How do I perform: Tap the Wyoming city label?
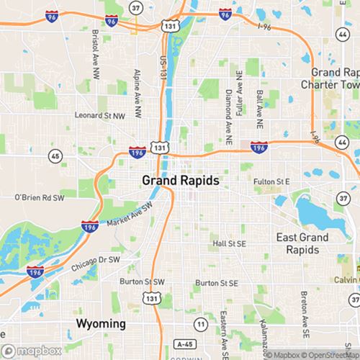[x=102, y=323]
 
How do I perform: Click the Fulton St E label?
[x=271, y=181]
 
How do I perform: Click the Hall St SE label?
[x=229, y=244]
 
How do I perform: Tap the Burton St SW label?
[x=142, y=282]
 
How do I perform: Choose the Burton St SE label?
[x=216, y=284]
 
